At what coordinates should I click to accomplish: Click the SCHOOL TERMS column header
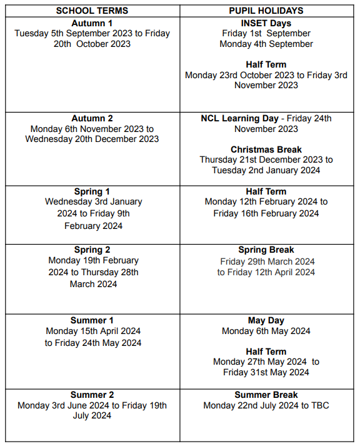(x=92, y=11)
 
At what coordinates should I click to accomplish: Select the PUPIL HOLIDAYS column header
(x=266, y=11)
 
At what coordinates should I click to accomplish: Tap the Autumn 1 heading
(x=92, y=23)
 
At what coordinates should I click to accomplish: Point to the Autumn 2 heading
(x=92, y=118)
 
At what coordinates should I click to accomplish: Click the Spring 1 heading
(x=92, y=191)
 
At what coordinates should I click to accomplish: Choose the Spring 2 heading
(x=92, y=250)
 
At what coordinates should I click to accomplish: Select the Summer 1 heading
(x=92, y=320)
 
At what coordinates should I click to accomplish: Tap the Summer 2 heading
(x=92, y=395)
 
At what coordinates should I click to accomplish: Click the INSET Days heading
(x=266, y=23)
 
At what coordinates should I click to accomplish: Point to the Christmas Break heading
(x=266, y=150)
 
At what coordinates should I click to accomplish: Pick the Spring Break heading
(x=266, y=250)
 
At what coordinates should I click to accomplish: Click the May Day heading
(x=266, y=320)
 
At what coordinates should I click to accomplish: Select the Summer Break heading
(x=266, y=395)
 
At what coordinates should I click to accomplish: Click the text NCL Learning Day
(x=239, y=118)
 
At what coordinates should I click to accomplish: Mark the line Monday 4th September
(x=266, y=44)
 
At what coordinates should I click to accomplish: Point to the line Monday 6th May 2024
(x=266, y=331)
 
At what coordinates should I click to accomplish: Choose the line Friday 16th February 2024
(x=266, y=213)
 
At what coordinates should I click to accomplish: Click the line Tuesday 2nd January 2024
(x=266, y=170)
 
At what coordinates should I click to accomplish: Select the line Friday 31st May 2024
(x=266, y=372)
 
